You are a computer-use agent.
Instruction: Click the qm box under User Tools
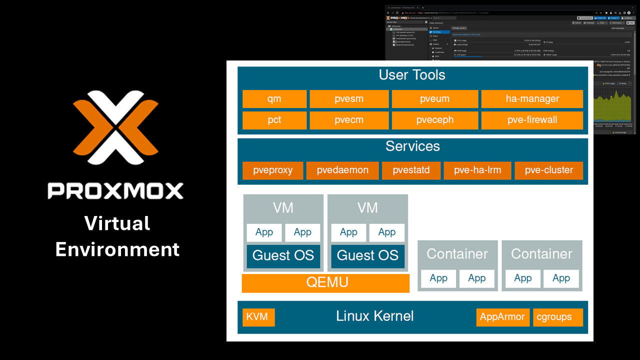point(274,99)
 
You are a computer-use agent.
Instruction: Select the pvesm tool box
point(349,99)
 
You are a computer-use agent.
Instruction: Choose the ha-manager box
point(532,99)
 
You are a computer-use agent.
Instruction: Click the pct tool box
point(274,120)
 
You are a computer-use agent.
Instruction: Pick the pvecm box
point(349,120)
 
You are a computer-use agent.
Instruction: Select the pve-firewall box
point(532,120)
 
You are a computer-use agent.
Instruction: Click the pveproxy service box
point(272,170)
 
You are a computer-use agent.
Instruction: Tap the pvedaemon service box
point(342,170)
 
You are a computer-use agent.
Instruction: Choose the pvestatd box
point(411,170)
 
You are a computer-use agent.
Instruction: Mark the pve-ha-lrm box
point(477,170)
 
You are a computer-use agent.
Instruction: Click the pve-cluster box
point(548,170)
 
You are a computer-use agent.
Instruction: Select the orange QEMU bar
point(325,283)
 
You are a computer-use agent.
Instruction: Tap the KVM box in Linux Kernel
point(258,317)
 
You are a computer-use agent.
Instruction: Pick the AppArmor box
point(502,317)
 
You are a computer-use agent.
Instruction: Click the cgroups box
point(557,317)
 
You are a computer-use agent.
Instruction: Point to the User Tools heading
point(412,75)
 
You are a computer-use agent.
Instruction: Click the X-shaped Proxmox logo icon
point(115,127)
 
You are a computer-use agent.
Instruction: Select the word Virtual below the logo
point(117,223)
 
